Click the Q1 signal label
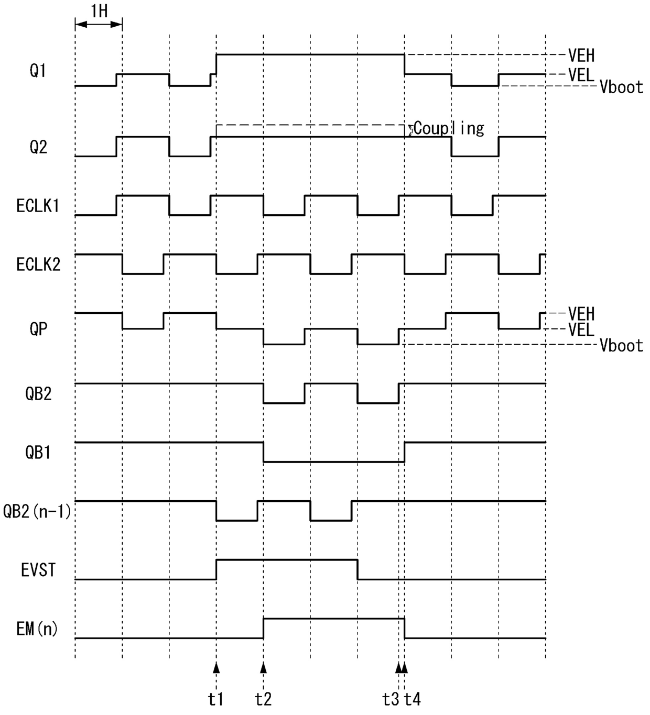coord(38,70)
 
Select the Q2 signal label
coord(38,147)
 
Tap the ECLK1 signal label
coord(38,206)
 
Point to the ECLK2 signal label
coord(38,265)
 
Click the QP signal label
coord(38,329)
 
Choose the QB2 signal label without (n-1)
coord(38,394)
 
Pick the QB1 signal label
coord(38,453)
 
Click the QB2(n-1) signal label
coord(37,511)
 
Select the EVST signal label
coord(38,570)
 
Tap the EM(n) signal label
coord(37,629)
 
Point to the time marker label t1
coord(215,699)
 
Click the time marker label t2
coord(263,699)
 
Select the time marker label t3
coord(391,699)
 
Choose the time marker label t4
coord(413,699)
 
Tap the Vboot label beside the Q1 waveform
coord(621,87)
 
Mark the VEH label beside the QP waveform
coord(581,314)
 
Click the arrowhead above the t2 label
coord(263,667)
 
